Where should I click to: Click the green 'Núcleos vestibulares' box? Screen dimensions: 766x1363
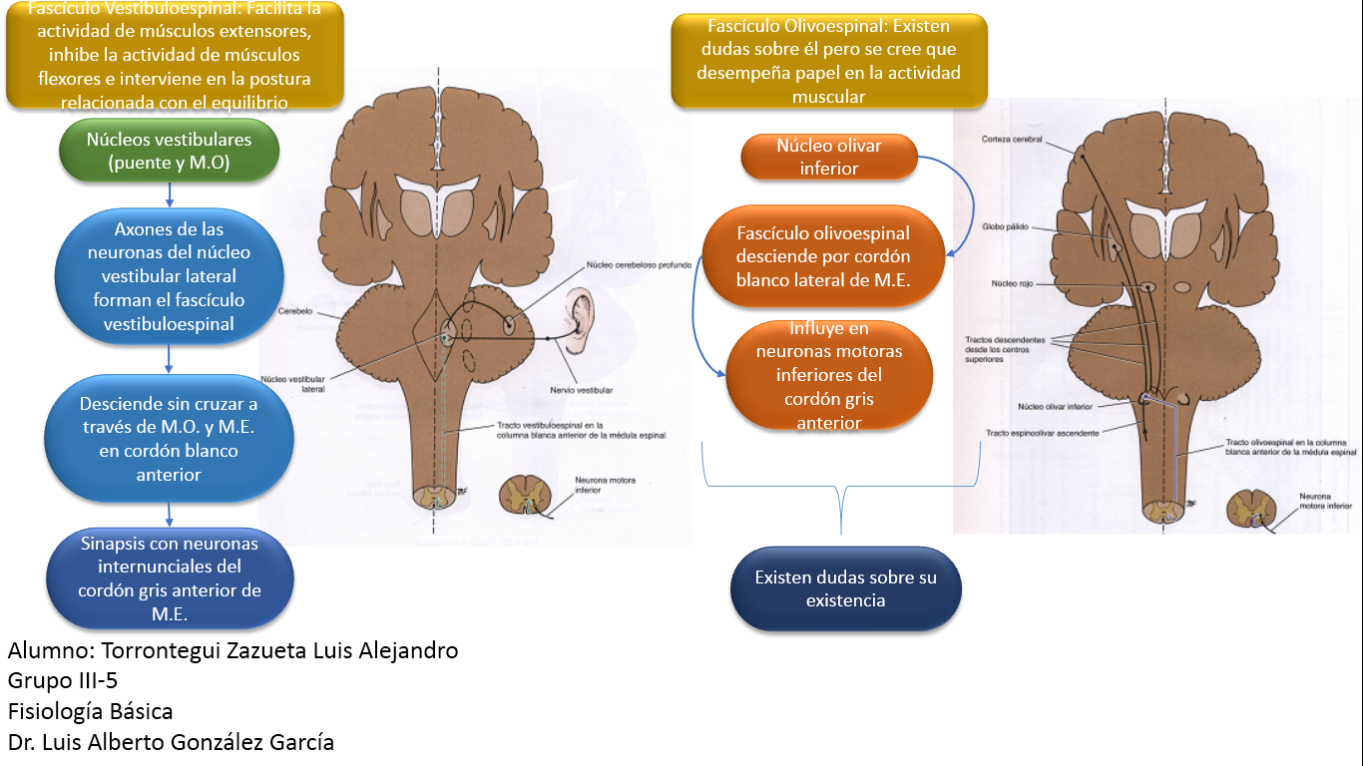(x=170, y=152)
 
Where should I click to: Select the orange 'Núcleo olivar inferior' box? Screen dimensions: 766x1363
(x=828, y=158)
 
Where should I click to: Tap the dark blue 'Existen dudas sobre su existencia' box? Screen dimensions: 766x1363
(x=845, y=588)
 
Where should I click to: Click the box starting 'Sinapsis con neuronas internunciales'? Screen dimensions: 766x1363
(x=170, y=579)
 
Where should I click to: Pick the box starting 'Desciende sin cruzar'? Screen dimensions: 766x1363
(x=169, y=439)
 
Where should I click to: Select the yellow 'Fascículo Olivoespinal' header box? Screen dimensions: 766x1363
(x=828, y=61)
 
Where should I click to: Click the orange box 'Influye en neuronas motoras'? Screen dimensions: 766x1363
(x=828, y=375)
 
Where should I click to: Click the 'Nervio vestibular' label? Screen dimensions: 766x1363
(x=580, y=390)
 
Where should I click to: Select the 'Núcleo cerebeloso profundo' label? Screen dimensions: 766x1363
(x=626, y=264)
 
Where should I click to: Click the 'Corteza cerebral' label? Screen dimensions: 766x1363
(x=1012, y=140)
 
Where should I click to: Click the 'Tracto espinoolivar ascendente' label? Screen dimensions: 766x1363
(x=1042, y=433)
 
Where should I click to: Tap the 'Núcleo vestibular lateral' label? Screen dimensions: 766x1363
(x=292, y=384)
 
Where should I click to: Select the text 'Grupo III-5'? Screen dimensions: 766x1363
(x=63, y=681)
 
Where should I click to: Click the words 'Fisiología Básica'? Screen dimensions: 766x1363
(x=90, y=711)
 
